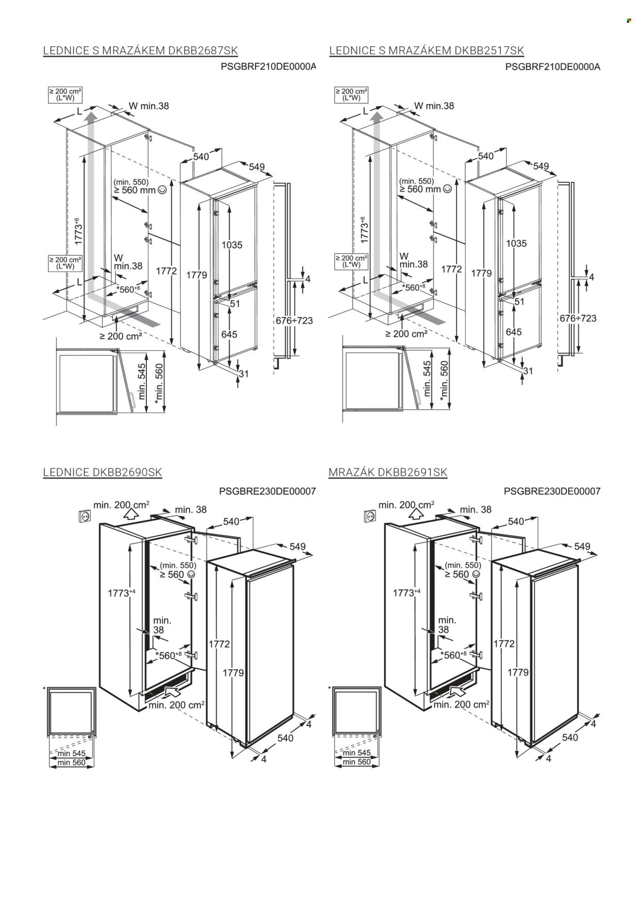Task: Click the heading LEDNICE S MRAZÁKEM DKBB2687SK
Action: pyautogui.click(x=140, y=50)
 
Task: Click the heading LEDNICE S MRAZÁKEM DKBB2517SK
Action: pyautogui.click(x=427, y=50)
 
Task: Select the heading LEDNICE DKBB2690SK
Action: pyautogui.click(x=103, y=472)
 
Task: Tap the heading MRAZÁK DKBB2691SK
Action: pyautogui.click(x=388, y=472)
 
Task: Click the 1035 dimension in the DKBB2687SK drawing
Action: pyautogui.click(x=231, y=245)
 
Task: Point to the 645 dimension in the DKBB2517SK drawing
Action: pyautogui.click(x=513, y=332)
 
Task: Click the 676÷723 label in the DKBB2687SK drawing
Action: pyautogui.click(x=294, y=320)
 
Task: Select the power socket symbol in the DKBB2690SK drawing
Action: pyautogui.click(x=83, y=515)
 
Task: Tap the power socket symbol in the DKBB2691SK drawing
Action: pyautogui.click(x=368, y=515)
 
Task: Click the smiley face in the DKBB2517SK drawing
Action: pyautogui.click(x=447, y=189)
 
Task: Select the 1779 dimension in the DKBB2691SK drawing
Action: pyautogui.click(x=518, y=672)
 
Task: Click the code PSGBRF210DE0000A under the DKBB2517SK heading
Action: pyautogui.click(x=553, y=66)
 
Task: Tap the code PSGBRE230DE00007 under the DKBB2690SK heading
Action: pyautogui.click(x=267, y=491)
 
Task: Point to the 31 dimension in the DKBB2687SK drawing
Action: pyautogui.click(x=243, y=373)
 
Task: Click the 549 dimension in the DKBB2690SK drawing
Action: pyautogui.click(x=297, y=547)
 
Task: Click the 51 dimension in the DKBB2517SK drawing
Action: pyautogui.click(x=519, y=302)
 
